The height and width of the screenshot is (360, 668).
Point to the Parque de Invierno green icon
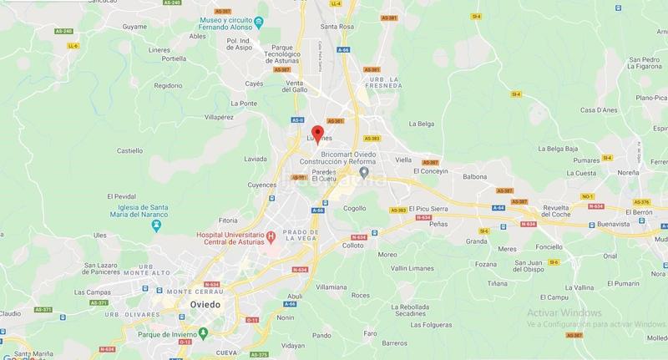(x=203, y=333)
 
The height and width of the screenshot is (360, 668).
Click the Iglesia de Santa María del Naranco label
(x=134, y=209)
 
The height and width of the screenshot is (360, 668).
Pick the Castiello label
(x=129, y=150)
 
